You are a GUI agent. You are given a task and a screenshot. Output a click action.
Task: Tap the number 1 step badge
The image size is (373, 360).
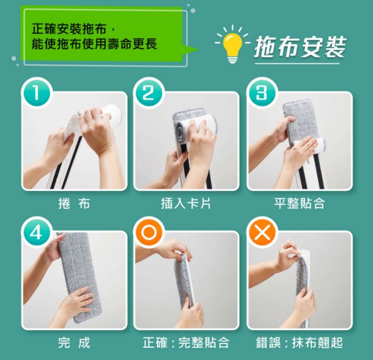click(36, 93)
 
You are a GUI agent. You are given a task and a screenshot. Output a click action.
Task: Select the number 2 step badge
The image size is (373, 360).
click(149, 93)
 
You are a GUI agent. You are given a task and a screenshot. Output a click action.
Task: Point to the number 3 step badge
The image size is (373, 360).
click(262, 93)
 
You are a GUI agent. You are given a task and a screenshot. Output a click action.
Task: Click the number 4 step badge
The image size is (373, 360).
click(36, 232)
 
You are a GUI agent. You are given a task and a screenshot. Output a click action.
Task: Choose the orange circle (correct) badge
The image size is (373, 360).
click(149, 232)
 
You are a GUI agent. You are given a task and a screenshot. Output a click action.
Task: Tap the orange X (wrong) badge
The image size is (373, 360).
click(262, 232)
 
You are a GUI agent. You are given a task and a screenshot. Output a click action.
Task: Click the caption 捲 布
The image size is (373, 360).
click(74, 204)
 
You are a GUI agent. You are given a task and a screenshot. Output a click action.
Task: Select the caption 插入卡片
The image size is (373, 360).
click(186, 204)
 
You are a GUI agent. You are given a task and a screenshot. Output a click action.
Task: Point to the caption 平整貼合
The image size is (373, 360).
click(299, 204)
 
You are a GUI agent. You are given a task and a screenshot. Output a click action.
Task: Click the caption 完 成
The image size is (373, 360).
click(74, 343)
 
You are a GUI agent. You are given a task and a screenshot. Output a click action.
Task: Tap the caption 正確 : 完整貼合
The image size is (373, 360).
click(186, 343)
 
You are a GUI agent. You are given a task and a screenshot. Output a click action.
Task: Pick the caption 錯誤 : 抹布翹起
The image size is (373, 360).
click(299, 343)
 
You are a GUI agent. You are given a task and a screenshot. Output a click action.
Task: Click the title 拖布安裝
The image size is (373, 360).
click(300, 47)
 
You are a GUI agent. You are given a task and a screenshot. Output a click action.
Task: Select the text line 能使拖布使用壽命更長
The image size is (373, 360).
click(94, 44)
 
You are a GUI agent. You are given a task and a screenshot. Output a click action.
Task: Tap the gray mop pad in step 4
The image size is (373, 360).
click(78, 277)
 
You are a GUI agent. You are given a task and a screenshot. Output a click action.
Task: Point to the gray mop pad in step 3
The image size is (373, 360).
click(302, 123)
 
